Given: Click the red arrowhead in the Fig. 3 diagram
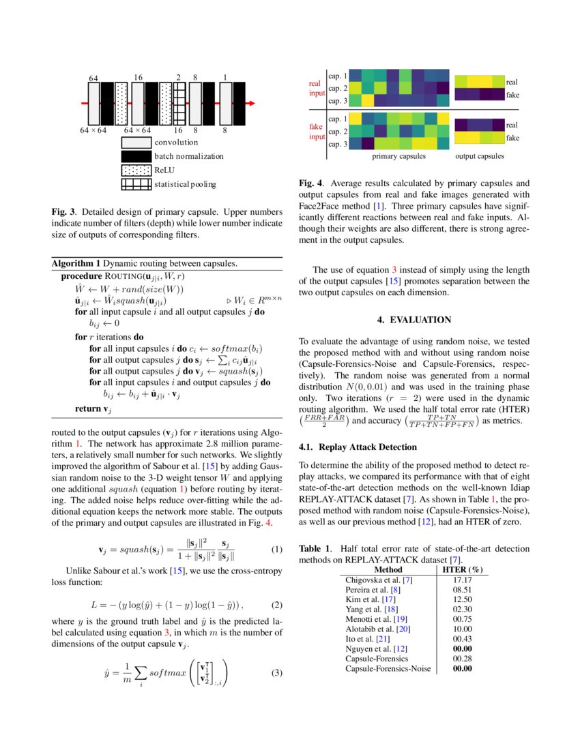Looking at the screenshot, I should tap(251, 103).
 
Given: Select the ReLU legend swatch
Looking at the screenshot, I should tap(136, 170).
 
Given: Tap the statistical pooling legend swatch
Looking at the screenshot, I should tap(136, 183).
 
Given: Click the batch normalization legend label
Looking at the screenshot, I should tap(188, 156).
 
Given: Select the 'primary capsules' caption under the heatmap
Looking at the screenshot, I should tap(398, 156).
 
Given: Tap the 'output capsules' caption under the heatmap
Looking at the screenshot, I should tap(480, 156).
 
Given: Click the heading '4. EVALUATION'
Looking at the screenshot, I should tap(414, 319).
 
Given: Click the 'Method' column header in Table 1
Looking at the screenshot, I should tap(388, 569).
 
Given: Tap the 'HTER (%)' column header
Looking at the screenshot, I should tap(463, 569).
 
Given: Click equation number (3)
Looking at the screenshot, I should tap(276, 674).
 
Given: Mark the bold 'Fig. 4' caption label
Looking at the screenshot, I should tap(310, 183).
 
